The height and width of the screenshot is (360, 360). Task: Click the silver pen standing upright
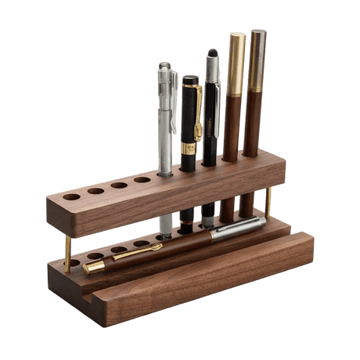click(x=166, y=133)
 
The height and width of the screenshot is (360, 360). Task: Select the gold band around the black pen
click(x=189, y=147)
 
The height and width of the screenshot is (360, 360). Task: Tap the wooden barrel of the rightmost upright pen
click(x=253, y=125)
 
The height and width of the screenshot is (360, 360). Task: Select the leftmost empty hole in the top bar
click(x=71, y=196)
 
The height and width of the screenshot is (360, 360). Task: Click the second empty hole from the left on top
click(x=95, y=191)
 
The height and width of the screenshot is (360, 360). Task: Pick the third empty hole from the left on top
click(x=119, y=185)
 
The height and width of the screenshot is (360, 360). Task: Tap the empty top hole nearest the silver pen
click(x=142, y=180)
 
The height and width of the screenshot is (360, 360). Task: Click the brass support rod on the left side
click(x=67, y=250)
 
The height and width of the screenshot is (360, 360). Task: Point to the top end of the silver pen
click(x=164, y=67)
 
